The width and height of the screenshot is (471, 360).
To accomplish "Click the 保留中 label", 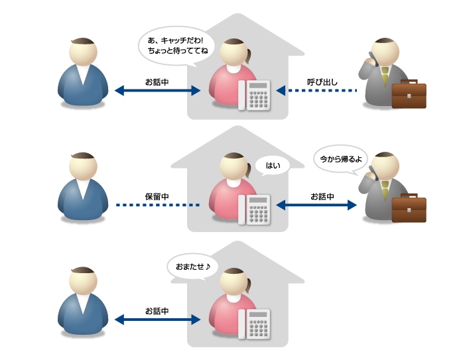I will [157, 197].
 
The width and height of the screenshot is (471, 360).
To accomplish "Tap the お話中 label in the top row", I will [157, 82].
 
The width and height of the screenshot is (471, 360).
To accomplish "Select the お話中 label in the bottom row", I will [157, 310].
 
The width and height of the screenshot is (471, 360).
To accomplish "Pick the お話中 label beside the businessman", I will [322, 197].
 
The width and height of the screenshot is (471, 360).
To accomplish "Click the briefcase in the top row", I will [409, 94].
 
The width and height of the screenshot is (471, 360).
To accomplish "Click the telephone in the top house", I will [259, 95].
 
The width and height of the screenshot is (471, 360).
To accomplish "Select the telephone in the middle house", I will [259, 210].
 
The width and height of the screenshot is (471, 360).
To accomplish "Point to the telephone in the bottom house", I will [259, 324].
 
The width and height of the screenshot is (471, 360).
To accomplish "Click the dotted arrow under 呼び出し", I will [316, 91].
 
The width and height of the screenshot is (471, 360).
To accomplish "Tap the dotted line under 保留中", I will [157, 206].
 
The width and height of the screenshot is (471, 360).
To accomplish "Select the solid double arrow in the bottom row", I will [157, 320].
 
